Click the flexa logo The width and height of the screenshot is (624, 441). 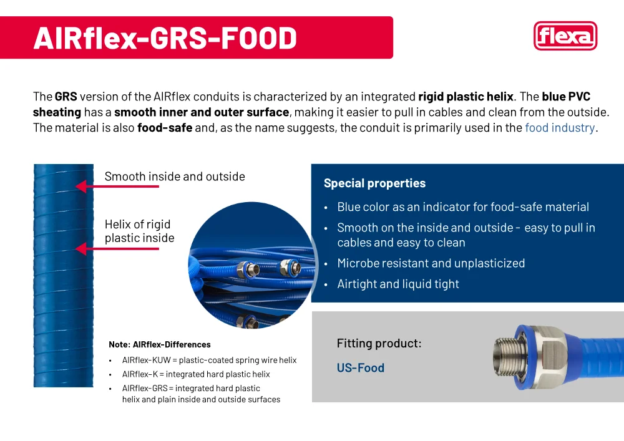565,36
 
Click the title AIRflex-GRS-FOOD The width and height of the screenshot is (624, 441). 165,38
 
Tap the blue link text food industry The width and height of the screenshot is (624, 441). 560,128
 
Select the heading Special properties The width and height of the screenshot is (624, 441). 374,183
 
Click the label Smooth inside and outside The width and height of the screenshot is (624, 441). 175,177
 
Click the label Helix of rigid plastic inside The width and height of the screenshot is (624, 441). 139,231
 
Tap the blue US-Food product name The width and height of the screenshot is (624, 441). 361,368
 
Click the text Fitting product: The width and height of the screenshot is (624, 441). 379,344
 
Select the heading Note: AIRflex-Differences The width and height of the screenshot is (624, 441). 160,344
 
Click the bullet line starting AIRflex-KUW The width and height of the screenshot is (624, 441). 209,361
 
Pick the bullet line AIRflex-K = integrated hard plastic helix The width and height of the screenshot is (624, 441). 196,374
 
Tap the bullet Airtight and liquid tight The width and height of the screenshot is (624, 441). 398,284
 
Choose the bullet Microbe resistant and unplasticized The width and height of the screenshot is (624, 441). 431,263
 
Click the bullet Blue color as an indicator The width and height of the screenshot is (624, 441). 463,207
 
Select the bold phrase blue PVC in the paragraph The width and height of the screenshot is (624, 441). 566,97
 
